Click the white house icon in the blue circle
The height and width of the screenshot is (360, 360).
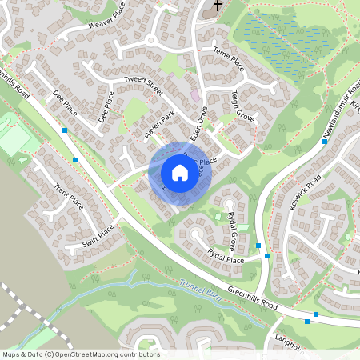(x=180, y=173)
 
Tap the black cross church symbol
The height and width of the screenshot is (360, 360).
(x=215, y=6)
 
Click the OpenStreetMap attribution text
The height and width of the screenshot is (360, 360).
(x=80, y=354)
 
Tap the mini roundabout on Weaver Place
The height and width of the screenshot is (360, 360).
(x=150, y=39)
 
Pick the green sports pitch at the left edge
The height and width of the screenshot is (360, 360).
(x=14, y=136)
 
